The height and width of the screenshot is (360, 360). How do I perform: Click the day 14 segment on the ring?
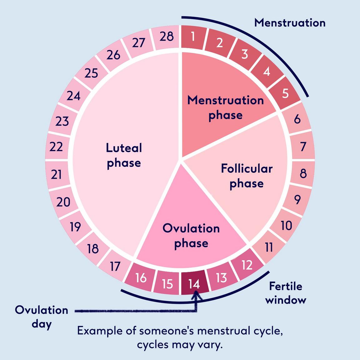[194, 283]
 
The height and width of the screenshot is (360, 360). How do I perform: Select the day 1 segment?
[193, 37]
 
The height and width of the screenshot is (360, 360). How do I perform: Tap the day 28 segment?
[167, 37]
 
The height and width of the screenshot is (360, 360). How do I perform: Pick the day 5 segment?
[285, 93]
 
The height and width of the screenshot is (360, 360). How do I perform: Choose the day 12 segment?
[247, 265]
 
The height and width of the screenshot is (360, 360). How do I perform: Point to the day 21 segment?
[57, 174]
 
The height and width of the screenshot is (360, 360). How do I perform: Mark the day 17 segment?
[115, 266]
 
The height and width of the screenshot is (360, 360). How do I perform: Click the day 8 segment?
[303, 173]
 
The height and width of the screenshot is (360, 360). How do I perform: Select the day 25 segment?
[91, 73]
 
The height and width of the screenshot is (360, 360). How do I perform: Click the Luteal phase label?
[124, 155]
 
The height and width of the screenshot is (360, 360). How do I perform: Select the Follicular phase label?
[247, 176]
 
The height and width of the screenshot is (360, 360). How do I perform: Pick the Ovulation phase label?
[191, 236]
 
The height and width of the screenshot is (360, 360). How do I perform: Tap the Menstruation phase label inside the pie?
[226, 107]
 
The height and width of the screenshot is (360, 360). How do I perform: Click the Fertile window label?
[286, 293]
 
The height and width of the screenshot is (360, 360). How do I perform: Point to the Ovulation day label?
[42, 317]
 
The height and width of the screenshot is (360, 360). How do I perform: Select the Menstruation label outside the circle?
[290, 23]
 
